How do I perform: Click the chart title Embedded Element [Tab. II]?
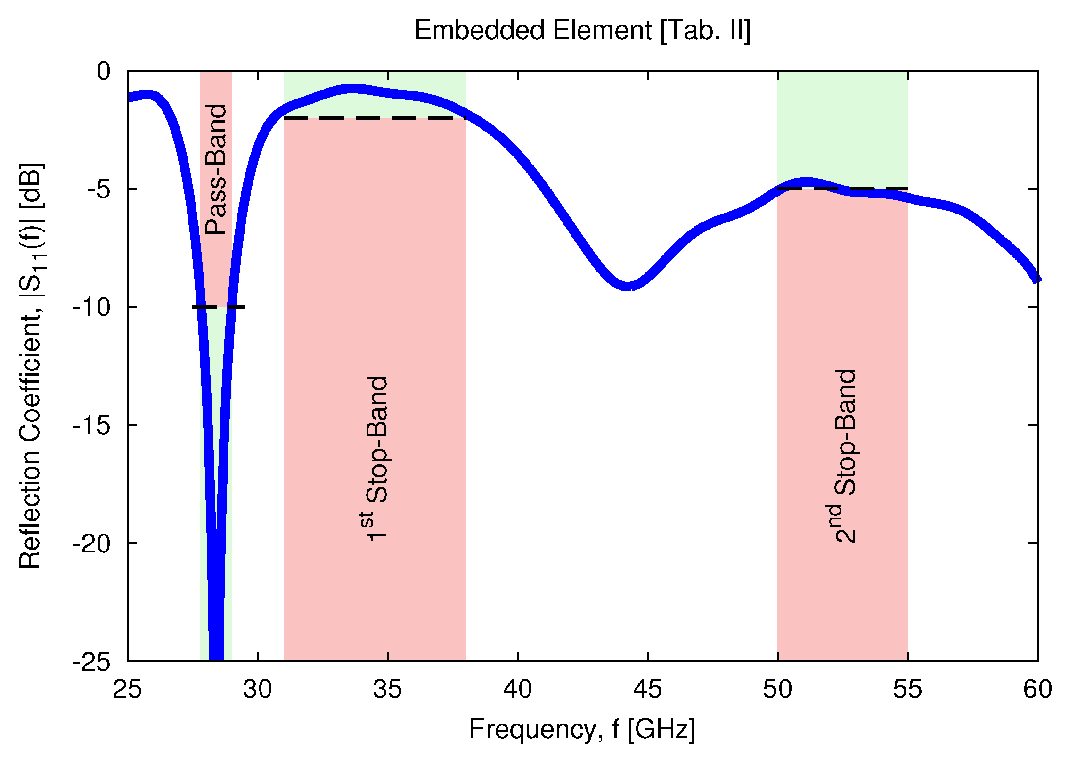pyautogui.click(x=582, y=31)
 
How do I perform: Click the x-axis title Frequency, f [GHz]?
pyautogui.click(x=582, y=729)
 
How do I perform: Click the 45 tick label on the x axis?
pyautogui.click(x=647, y=689)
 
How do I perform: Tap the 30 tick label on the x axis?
pyautogui.click(x=257, y=689)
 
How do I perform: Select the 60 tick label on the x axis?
pyautogui.click(x=1037, y=689)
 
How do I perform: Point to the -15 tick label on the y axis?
pyautogui.click(x=91, y=426)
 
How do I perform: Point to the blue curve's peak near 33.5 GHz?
pyautogui.click(x=351, y=89)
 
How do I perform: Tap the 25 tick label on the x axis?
pyautogui.click(x=127, y=689)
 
